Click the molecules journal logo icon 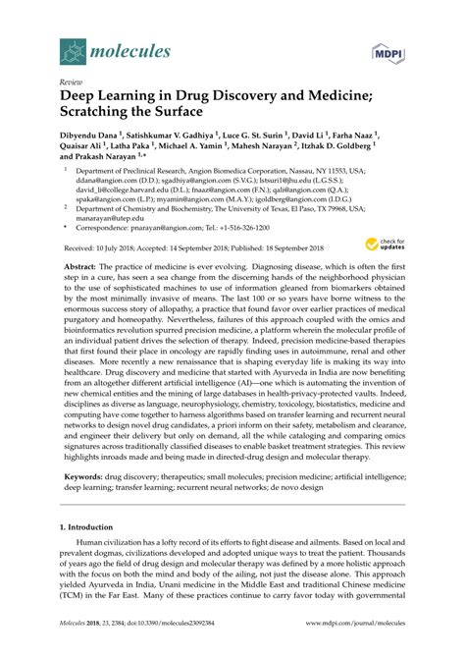click(72, 46)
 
